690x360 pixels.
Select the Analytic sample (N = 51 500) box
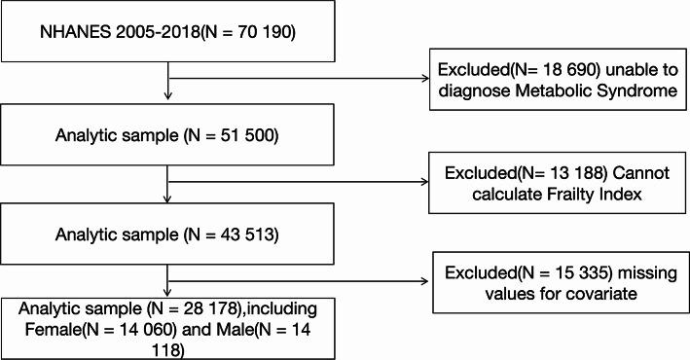(170, 131)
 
